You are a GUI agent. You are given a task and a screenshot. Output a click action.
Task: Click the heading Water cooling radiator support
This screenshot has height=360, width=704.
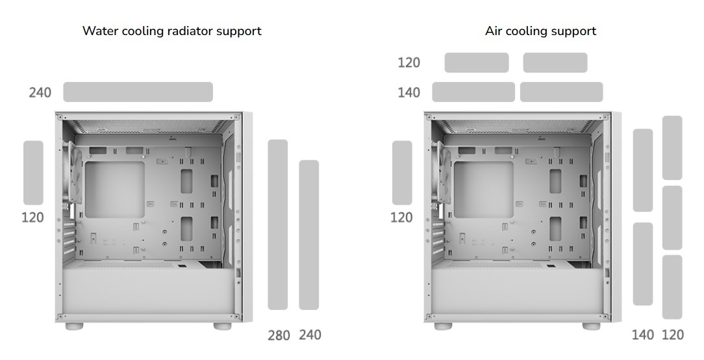click(x=171, y=31)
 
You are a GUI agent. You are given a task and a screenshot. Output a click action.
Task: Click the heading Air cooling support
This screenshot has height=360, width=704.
click(x=540, y=31)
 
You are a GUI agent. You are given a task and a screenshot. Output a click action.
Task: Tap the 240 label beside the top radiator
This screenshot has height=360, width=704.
click(x=40, y=92)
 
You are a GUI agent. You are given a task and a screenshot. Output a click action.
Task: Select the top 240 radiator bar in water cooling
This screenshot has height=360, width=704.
click(x=138, y=92)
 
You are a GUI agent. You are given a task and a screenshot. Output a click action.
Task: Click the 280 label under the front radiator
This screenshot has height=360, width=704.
click(x=279, y=335)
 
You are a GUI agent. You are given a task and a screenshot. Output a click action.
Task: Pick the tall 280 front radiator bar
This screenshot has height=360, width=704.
click(x=278, y=224)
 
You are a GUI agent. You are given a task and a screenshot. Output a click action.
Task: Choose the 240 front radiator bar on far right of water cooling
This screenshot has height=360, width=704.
click(x=308, y=235)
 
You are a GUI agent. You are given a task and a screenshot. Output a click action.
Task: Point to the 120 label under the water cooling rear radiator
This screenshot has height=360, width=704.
click(x=32, y=217)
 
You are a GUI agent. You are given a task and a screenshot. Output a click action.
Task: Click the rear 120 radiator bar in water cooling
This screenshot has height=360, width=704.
click(x=33, y=173)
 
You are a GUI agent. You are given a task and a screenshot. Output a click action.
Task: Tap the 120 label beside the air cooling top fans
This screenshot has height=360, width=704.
click(x=409, y=62)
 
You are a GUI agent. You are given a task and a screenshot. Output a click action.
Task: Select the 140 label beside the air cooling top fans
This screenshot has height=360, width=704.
click(x=409, y=92)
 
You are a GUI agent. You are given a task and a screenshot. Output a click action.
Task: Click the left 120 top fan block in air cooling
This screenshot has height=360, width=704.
click(x=477, y=62)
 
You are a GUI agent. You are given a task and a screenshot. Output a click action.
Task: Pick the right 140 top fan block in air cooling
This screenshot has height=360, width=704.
click(x=561, y=92)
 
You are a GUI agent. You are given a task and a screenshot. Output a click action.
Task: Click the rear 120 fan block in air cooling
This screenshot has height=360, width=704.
click(x=402, y=173)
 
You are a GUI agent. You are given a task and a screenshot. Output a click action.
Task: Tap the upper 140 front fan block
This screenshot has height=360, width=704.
click(x=643, y=170)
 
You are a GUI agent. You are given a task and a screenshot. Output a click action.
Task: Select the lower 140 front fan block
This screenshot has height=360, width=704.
click(x=643, y=264)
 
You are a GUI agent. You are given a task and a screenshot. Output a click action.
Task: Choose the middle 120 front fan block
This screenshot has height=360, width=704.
click(x=672, y=218)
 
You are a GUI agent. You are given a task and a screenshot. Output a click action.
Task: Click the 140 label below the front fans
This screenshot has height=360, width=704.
click(x=642, y=335)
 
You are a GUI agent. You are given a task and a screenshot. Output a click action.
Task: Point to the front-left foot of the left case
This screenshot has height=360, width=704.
click(x=75, y=325)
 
